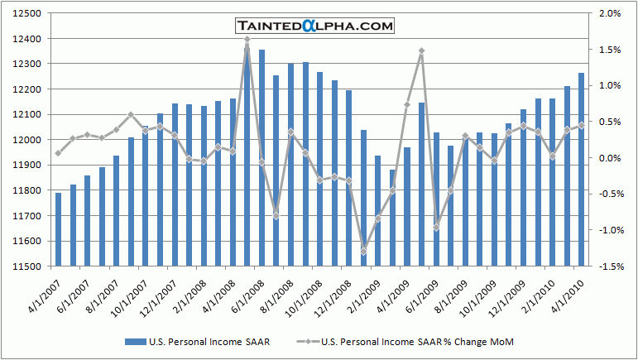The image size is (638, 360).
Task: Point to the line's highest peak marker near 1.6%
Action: point(247,40)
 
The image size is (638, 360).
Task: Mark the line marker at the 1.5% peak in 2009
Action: point(422,50)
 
